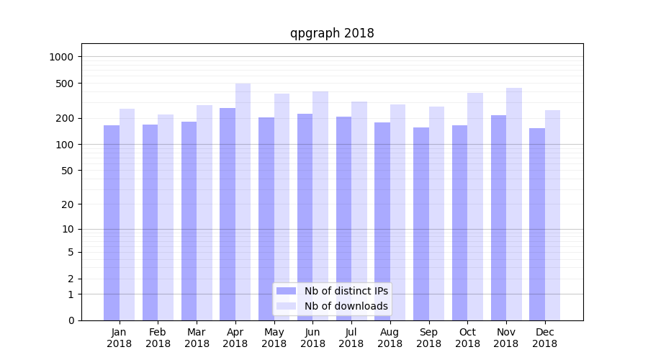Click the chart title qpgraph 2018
(332, 33)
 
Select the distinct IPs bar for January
(112, 222)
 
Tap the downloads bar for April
(243, 202)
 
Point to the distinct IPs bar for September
(421, 224)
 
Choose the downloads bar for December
(552, 215)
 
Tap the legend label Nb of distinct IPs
(346, 291)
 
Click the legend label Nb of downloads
(346, 306)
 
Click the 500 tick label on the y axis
(65, 84)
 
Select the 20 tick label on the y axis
(68, 204)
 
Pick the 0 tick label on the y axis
(71, 320)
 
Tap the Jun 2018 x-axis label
(312, 338)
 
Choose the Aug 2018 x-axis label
(390, 338)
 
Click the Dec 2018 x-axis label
(544, 338)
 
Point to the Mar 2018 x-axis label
(197, 338)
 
